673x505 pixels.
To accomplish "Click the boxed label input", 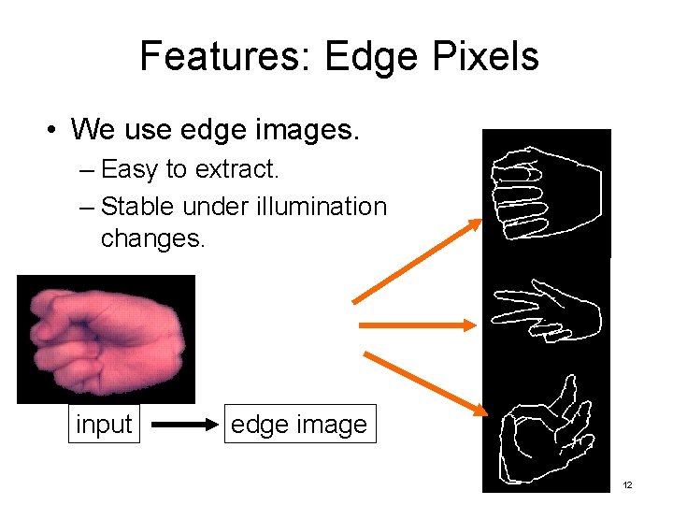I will click(x=104, y=424).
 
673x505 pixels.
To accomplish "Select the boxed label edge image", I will click(x=298, y=424).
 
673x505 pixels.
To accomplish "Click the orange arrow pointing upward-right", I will click(x=417, y=261).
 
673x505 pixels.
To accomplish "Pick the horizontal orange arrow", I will click(x=417, y=325).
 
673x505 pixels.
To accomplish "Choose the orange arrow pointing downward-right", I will click(x=424, y=383).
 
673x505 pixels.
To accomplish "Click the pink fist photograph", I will click(x=106, y=339).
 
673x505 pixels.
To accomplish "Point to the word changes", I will click(x=151, y=238).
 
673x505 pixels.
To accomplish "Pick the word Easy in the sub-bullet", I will click(x=130, y=170).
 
